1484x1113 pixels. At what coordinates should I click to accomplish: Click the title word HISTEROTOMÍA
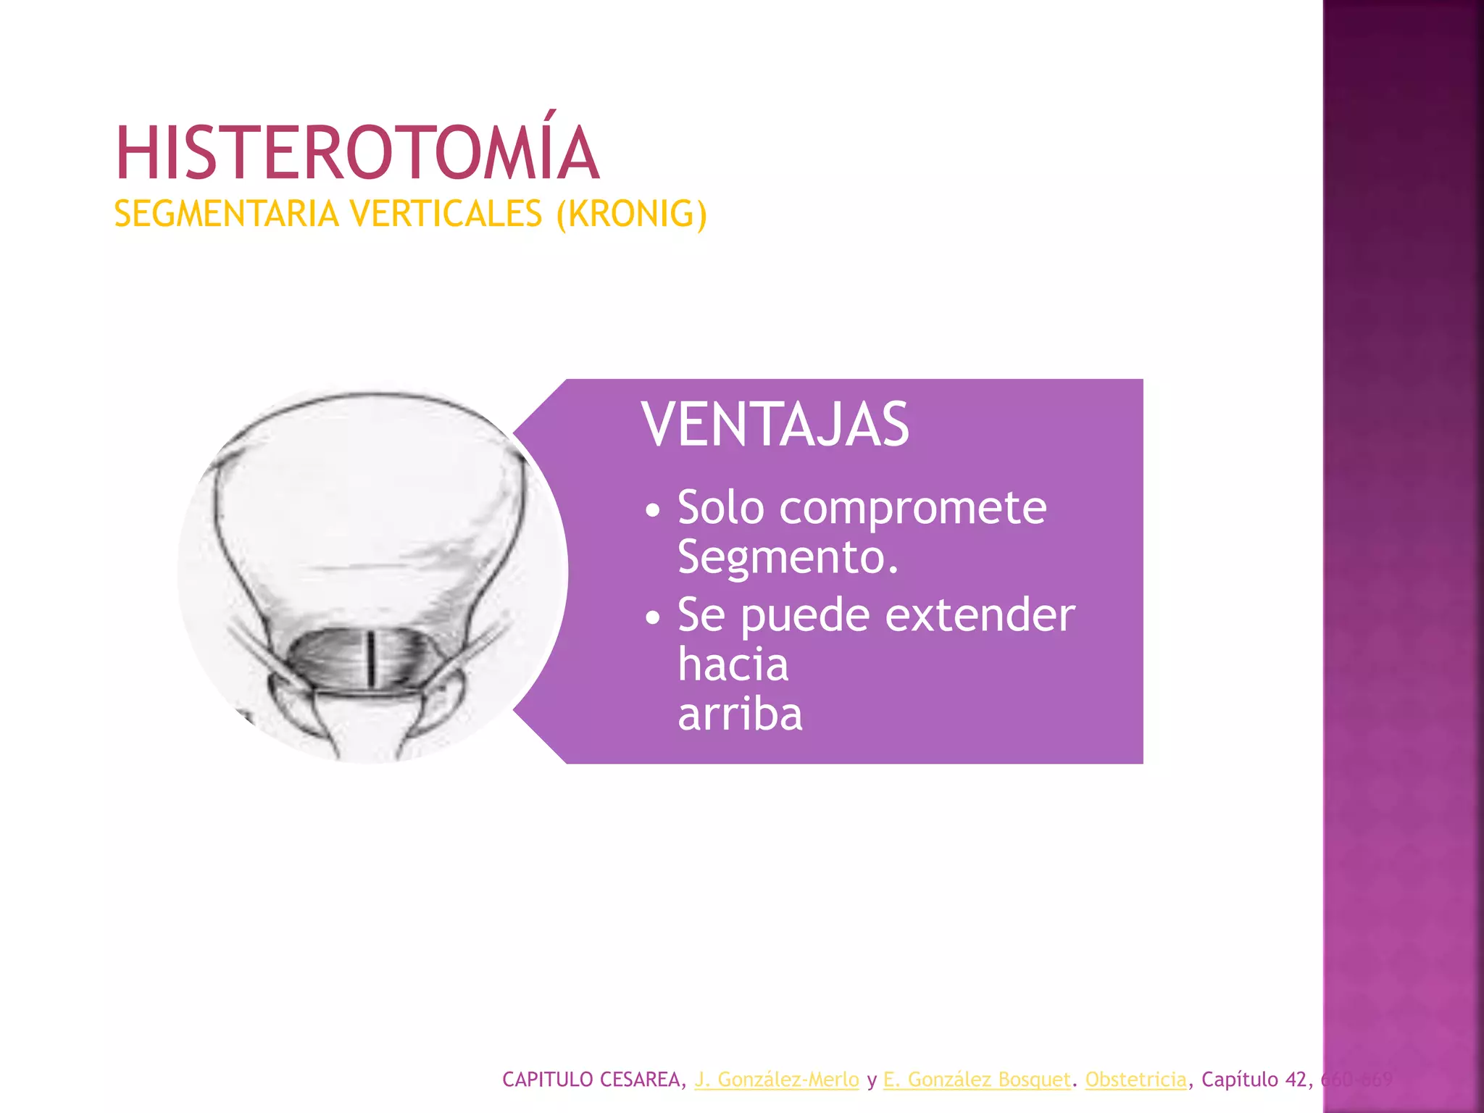(357, 153)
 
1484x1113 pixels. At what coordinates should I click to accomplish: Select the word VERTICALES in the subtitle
(446, 214)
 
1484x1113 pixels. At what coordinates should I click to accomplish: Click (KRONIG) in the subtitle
(631, 214)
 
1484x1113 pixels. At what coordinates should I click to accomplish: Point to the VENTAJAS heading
(775, 425)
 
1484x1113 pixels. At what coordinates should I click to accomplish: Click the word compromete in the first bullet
(912, 508)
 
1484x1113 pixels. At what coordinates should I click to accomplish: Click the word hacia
(733, 664)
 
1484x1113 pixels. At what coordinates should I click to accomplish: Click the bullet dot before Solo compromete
(653, 510)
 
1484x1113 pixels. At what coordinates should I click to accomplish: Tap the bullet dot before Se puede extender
(653, 617)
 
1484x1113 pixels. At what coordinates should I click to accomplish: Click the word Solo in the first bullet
(720, 508)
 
